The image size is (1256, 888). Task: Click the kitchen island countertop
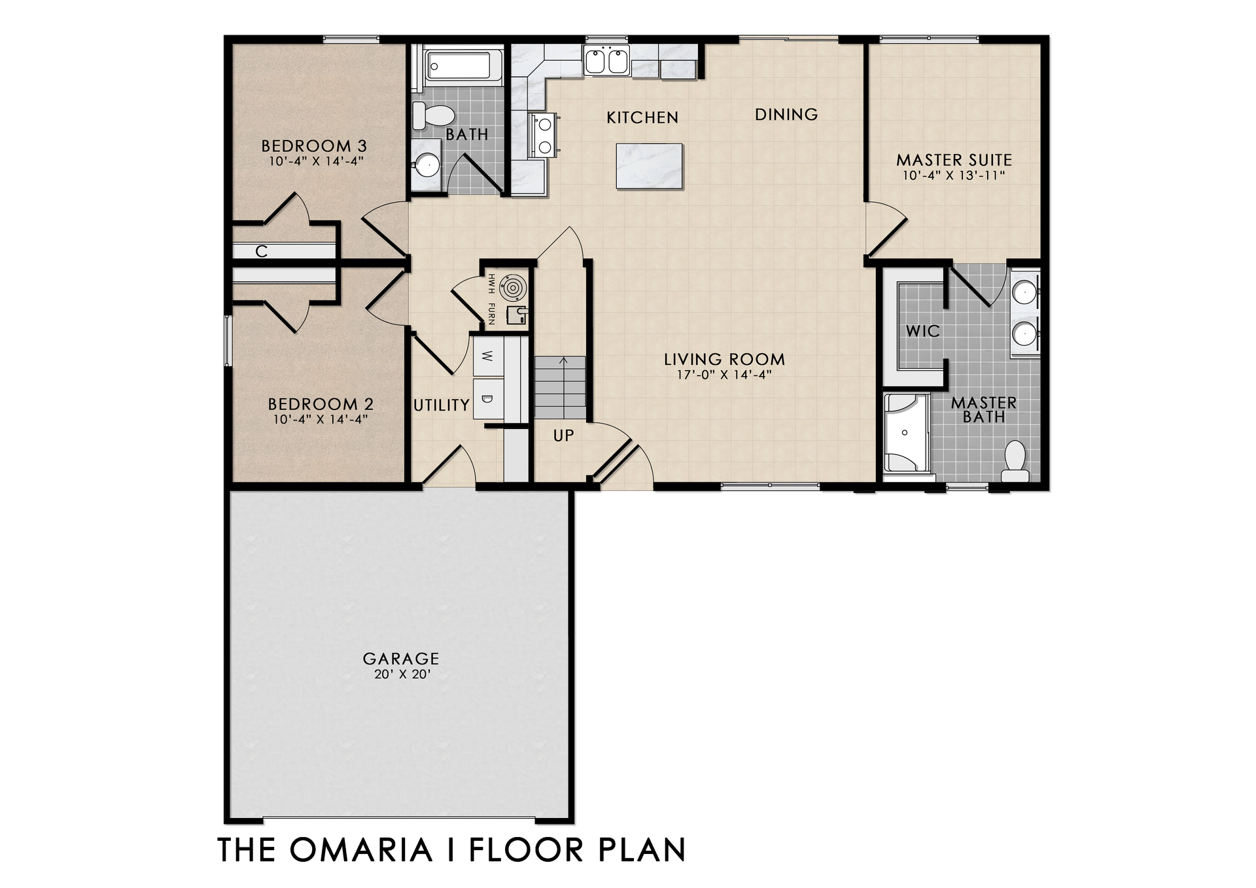click(x=649, y=166)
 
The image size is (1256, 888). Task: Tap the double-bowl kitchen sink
click(x=606, y=61)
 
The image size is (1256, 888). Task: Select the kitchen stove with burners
click(x=544, y=135)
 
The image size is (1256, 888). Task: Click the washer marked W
click(x=487, y=356)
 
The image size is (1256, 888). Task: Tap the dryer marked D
click(x=487, y=398)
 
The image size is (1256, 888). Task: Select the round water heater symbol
click(x=510, y=286)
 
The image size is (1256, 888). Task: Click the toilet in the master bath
click(x=1015, y=460)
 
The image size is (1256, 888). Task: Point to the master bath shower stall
click(x=906, y=433)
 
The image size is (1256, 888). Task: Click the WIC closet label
click(x=922, y=331)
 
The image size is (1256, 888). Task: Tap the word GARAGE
click(x=401, y=658)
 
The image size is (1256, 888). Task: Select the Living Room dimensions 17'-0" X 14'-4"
click(x=724, y=375)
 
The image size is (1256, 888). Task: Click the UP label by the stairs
click(x=563, y=435)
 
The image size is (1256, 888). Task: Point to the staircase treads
click(x=561, y=388)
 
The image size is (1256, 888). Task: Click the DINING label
click(x=786, y=114)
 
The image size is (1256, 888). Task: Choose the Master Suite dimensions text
click(x=954, y=175)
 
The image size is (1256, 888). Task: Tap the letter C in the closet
click(x=262, y=251)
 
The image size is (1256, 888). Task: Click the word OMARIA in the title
click(x=361, y=849)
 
